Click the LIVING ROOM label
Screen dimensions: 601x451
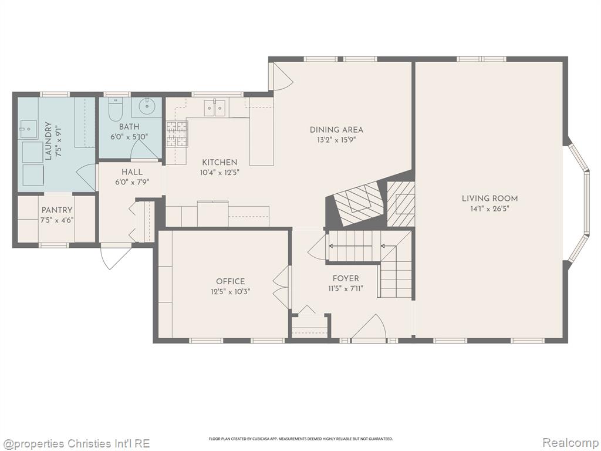point(489,198)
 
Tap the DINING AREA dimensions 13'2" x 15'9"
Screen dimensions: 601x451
point(336,140)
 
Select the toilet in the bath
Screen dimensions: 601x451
point(115,109)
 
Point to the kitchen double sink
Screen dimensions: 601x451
point(215,107)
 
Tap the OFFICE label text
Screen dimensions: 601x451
point(230,281)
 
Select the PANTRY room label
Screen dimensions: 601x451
point(57,210)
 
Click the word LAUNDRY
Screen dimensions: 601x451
point(48,140)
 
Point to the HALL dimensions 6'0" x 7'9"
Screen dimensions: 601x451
point(132,182)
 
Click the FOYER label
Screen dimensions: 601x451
point(346,278)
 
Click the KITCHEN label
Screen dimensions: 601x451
point(220,162)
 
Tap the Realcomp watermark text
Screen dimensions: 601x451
point(569,443)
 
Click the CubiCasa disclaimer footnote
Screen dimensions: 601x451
point(300,438)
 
